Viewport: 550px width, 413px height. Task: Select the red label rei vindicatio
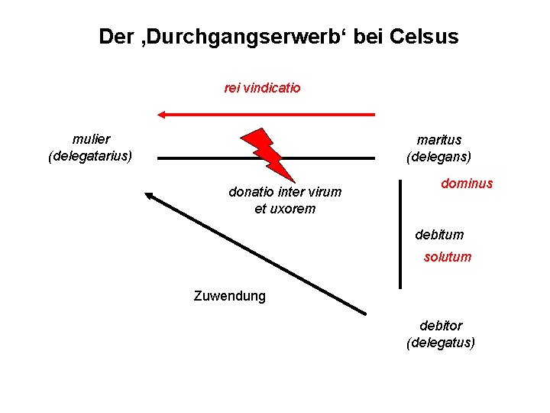[x=262, y=88]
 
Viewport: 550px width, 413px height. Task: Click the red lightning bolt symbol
[x=267, y=154]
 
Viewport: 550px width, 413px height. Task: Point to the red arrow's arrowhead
[x=162, y=115]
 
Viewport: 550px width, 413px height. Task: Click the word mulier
[x=91, y=139]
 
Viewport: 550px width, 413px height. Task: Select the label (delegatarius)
[x=90, y=156]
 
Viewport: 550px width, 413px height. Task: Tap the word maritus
[x=438, y=140]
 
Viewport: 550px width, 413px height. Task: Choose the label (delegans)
[x=438, y=157]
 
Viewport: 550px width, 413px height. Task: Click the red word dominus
[x=467, y=184]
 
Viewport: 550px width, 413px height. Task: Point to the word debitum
[x=439, y=235]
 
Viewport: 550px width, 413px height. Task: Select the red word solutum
[x=448, y=257]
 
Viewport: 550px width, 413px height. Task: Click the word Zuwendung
[x=230, y=296]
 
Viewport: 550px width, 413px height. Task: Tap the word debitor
[x=441, y=326]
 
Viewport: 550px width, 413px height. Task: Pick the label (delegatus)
[x=441, y=342]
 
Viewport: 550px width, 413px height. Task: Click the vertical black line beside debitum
[x=400, y=233]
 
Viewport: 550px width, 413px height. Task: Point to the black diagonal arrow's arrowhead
[x=150, y=196]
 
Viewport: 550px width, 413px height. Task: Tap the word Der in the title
[x=113, y=37]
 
